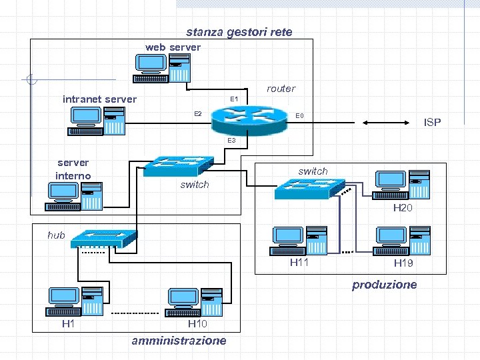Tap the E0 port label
[300, 116]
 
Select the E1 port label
[235, 99]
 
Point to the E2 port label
[198, 113]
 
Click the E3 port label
[231, 141]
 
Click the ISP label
[433, 123]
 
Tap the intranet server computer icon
[97, 121]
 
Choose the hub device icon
[104, 239]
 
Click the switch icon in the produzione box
[309, 189]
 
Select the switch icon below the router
[179, 166]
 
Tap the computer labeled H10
[195, 303]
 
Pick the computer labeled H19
[402, 242]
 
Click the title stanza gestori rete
[239, 32]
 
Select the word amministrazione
[179, 341]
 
